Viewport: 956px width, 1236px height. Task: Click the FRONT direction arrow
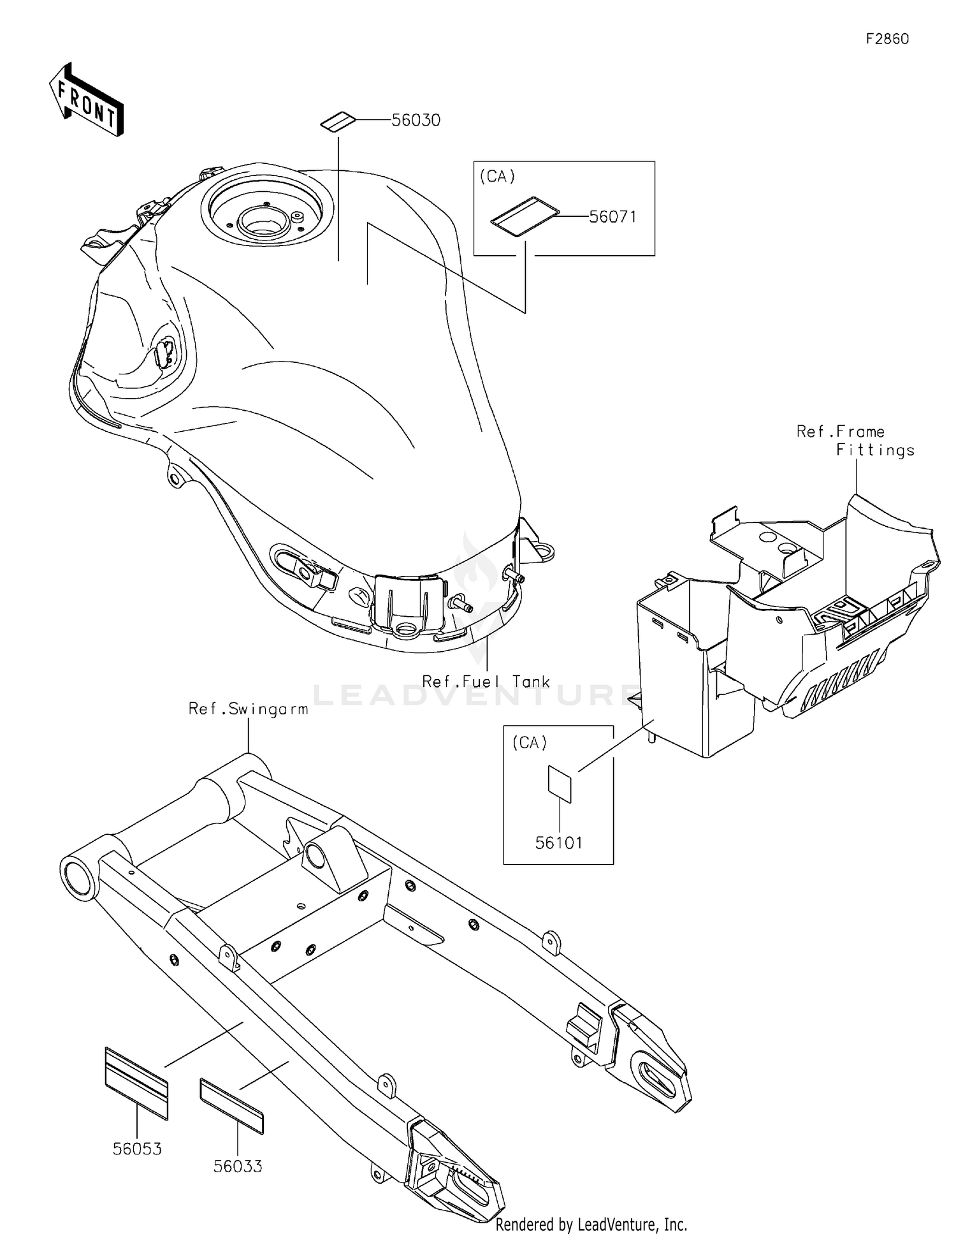click(x=87, y=101)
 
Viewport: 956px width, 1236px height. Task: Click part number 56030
click(x=416, y=121)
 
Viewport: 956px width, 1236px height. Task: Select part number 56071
click(x=612, y=217)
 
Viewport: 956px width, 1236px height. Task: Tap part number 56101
click(x=559, y=843)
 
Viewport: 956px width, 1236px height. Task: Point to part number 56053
click(x=137, y=1149)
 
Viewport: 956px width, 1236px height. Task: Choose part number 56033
click(x=238, y=1166)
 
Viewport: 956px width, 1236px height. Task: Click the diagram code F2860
click(x=887, y=39)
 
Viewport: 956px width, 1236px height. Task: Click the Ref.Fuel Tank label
click(x=486, y=682)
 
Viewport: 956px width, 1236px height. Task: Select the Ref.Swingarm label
click(x=248, y=709)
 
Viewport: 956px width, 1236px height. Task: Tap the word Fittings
click(x=875, y=450)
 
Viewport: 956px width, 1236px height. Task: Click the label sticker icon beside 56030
click(x=337, y=121)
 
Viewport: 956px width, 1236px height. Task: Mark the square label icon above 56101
click(x=560, y=783)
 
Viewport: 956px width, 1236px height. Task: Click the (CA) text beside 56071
click(x=497, y=177)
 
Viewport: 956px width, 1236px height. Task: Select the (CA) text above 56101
click(x=530, y=742)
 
